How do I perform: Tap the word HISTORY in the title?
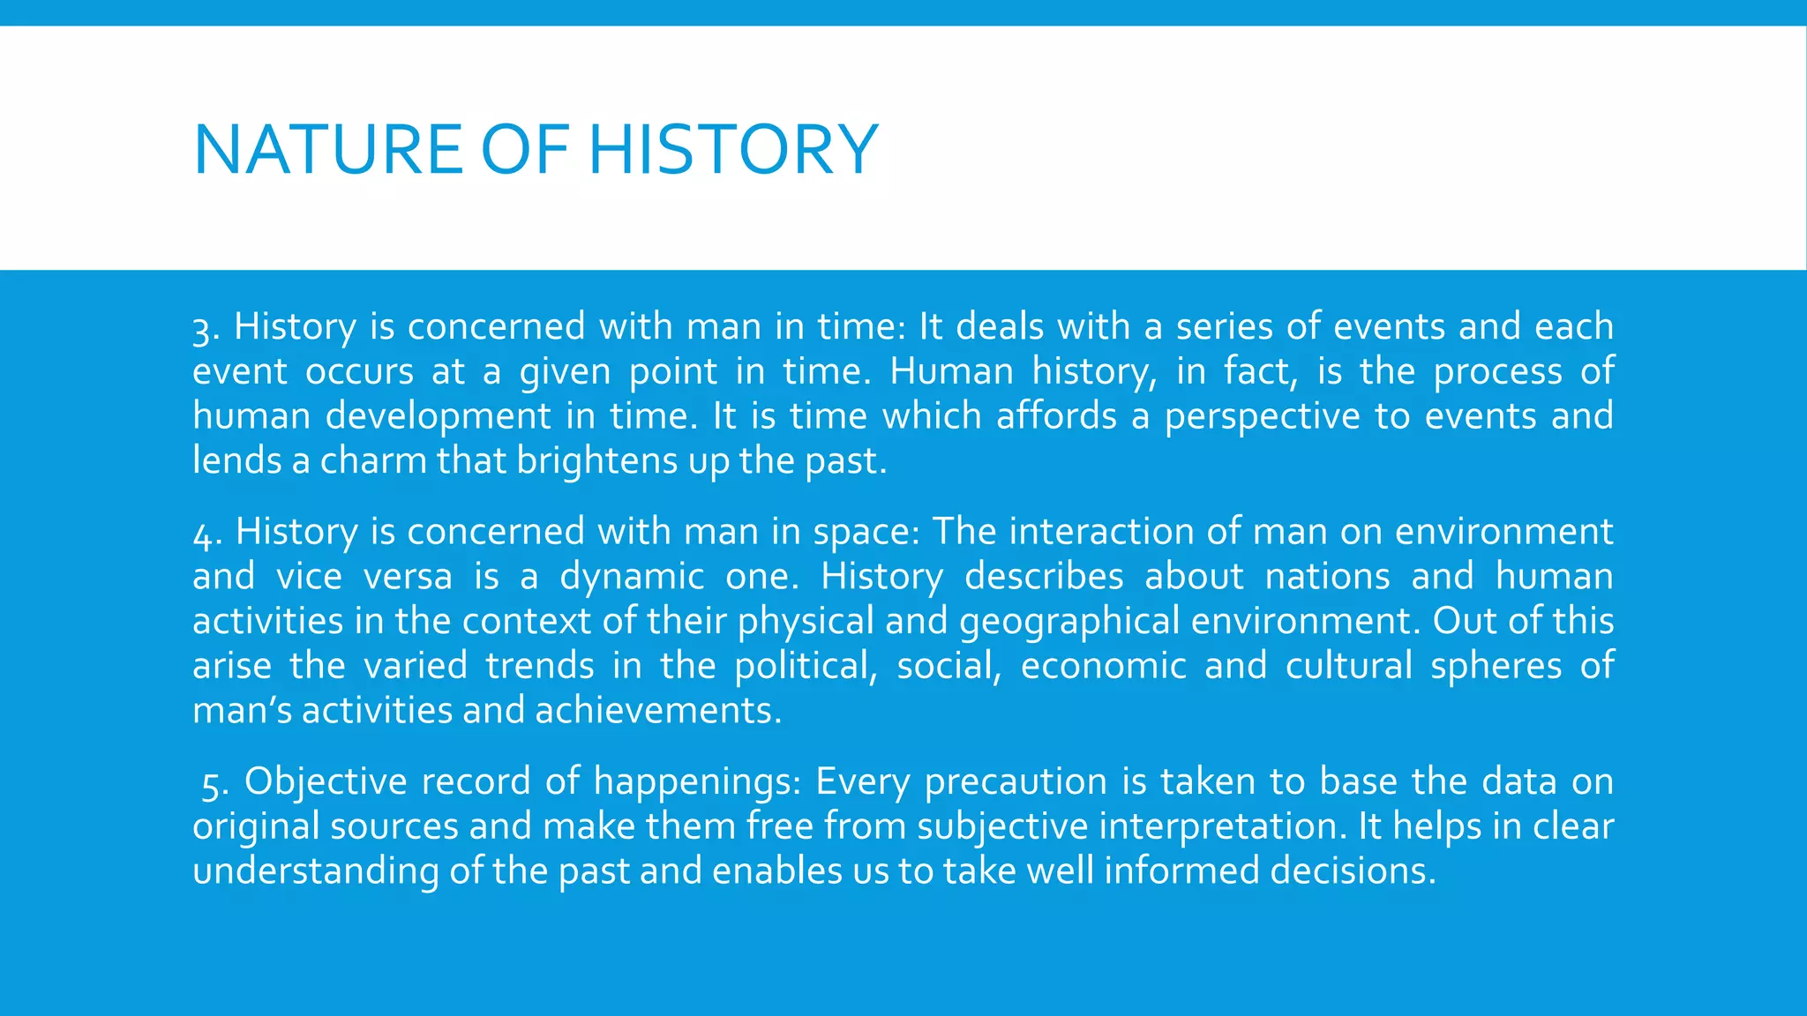pyautogui.click(x=733, y=150)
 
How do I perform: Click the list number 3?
pyautogui.click(x=203, y=330)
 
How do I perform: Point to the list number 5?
pyautogui.click(x=211, y=784)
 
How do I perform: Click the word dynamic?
pyautogui.click(x=632, y=577)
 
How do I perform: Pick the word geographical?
pyautogui.click(x=1068, y=623)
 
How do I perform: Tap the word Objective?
pyautogui.click(x=325, y=783)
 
